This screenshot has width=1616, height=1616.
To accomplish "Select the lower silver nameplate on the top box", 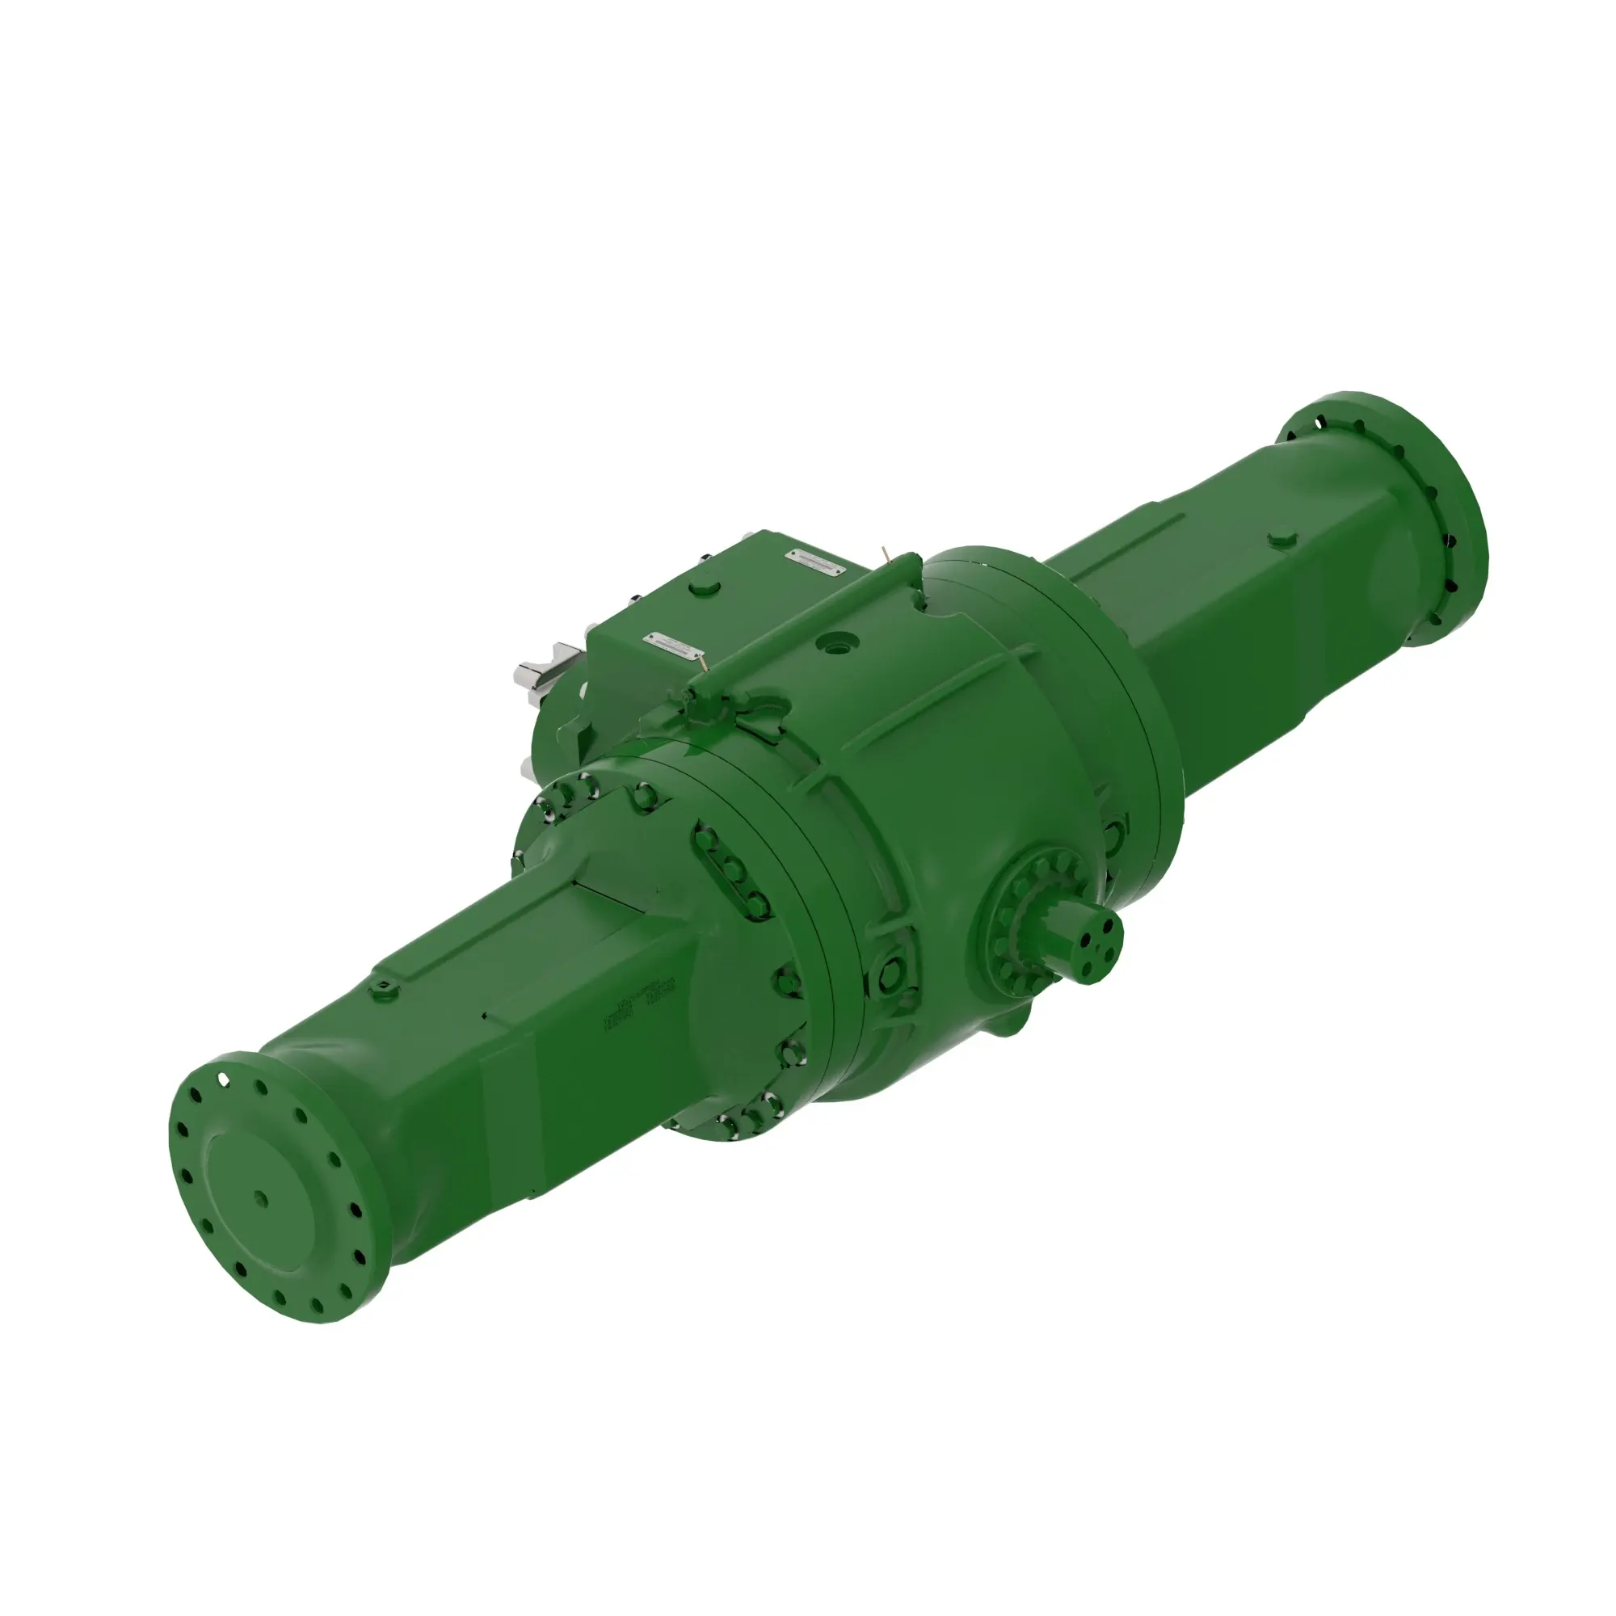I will click(672, 645).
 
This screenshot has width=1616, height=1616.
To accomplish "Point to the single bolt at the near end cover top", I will click(645, 795).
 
